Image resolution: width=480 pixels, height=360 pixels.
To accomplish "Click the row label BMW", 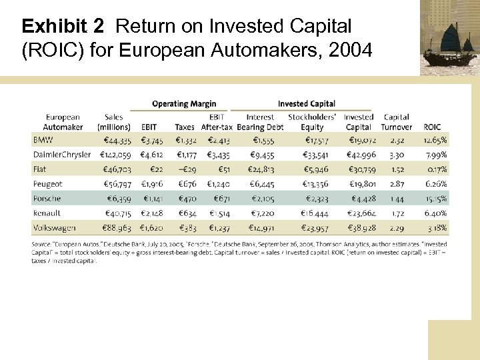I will point(43,141).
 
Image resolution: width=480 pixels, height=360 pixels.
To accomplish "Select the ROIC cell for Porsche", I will point(436,199).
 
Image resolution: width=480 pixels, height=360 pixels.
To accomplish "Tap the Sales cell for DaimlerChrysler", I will point(114,155).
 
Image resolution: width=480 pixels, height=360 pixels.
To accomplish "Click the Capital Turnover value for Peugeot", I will point(397,184).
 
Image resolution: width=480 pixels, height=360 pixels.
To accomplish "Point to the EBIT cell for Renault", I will point(153,213).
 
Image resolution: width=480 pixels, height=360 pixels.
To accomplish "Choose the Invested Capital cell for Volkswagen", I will point(361,228).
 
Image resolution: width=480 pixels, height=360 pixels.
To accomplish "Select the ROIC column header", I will point(431,127).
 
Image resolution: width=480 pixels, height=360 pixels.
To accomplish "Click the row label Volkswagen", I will point(53,228).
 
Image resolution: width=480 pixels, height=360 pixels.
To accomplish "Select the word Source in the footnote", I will point(41,245).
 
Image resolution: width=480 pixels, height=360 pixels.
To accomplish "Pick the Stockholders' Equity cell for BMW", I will point(312,141).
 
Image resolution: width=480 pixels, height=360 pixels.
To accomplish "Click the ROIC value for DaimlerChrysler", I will point(436,155).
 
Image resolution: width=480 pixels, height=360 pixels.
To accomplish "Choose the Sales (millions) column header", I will point(114,122).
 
